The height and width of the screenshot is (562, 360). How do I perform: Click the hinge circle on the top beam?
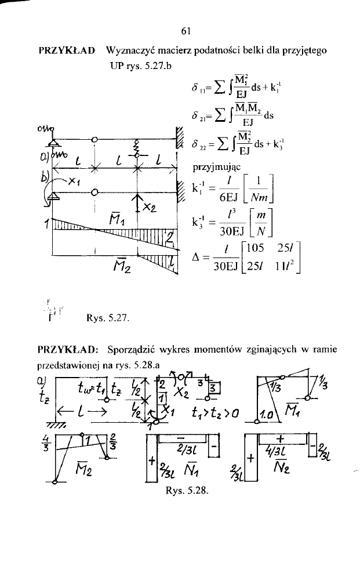click(x=94, y=139)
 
